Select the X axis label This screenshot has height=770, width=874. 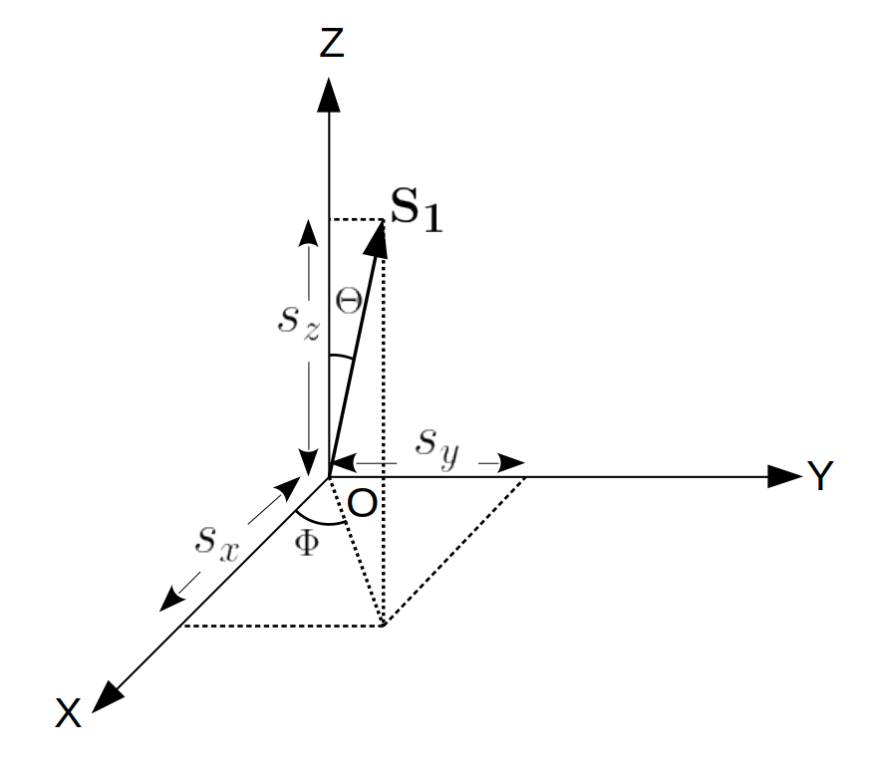point(69,714)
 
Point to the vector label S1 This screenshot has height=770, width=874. point(416,216)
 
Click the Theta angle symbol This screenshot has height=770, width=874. point(348,303)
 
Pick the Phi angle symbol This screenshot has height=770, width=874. point(309,543)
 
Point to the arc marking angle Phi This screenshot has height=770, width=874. point(321,520)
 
